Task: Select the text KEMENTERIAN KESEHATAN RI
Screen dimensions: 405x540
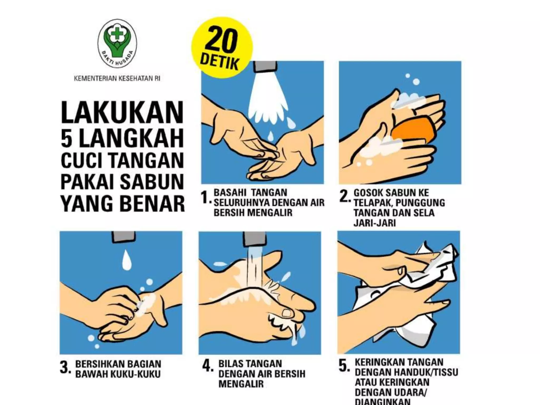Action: (117, 79)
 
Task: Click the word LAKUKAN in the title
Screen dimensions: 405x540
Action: (122, 113)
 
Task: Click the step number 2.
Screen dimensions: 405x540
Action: (344, 196)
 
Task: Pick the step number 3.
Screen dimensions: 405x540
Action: (65, 368)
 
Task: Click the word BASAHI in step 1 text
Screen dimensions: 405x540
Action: (227, 192)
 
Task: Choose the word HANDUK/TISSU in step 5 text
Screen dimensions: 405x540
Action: (426, 372)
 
